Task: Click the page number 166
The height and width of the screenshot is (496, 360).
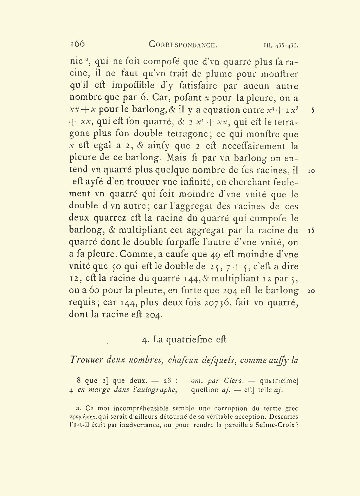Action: coord(77,44)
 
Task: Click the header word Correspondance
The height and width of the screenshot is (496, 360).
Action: coord(183,45)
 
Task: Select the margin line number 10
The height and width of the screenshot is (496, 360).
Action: coord(311,171)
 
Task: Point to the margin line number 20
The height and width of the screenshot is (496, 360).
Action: coord(311,291)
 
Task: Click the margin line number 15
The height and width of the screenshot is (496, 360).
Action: coord(311,231)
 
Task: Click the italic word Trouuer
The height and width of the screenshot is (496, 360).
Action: coord(86,360)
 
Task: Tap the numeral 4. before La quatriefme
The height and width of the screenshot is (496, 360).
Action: coord(146,340)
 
